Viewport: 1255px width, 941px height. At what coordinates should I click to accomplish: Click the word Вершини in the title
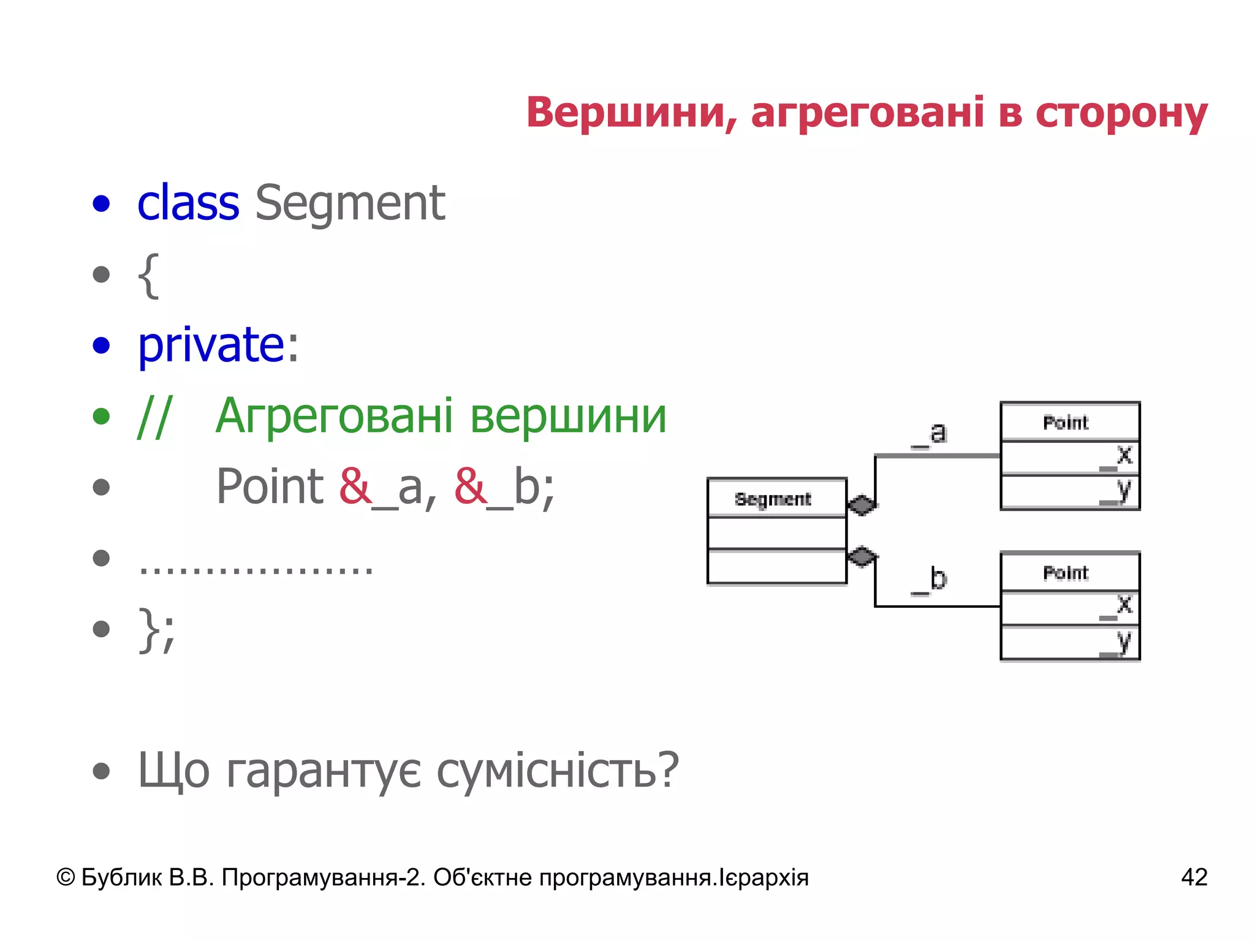(631, 114)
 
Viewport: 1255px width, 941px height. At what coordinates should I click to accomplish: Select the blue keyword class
(188, 203)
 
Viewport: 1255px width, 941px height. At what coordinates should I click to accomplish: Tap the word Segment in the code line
(350, 203)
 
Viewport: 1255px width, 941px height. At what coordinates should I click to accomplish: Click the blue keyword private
(210, 345)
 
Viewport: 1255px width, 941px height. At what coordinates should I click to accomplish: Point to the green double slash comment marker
(154, 417)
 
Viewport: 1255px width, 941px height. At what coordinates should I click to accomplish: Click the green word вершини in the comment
(568, 417)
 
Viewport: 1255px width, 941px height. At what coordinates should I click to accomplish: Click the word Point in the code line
(270, 486)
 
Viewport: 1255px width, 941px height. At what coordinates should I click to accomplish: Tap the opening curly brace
(148, 275)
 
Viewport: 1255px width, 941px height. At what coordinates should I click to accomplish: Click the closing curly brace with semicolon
(157, 630)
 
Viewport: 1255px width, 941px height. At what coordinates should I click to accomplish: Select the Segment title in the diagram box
(773, 499)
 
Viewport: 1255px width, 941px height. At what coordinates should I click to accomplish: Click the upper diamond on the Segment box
(862, 505)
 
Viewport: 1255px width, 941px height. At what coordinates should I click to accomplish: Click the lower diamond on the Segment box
(862, 556)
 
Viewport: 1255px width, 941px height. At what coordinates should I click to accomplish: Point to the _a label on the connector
(930, 434)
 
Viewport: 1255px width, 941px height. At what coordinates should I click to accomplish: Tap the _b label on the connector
(930, 580)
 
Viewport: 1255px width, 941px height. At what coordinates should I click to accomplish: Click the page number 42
(1194, 877)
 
